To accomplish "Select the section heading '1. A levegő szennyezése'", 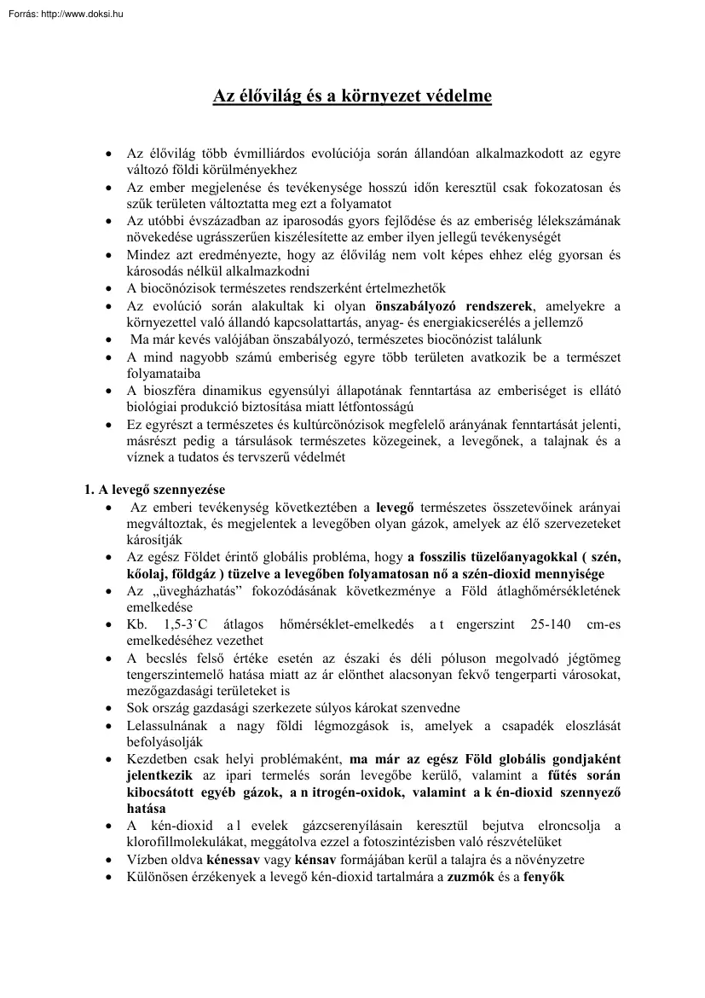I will [153, 490].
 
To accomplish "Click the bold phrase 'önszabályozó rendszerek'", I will [454, 305].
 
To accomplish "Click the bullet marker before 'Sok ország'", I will [108, 708].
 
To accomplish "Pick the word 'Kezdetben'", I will [157, 758].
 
